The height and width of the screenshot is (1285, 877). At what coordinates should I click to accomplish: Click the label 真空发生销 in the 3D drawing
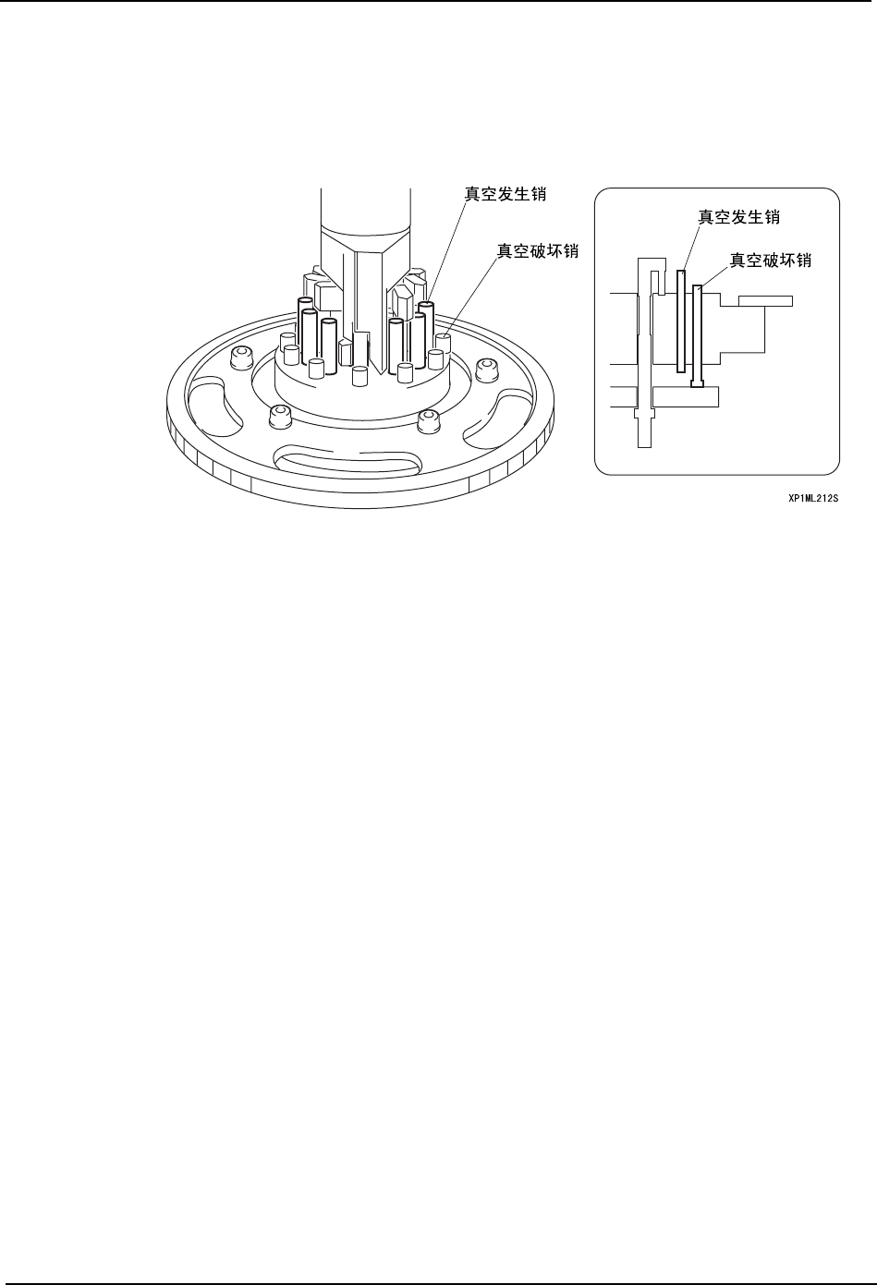[505, 195]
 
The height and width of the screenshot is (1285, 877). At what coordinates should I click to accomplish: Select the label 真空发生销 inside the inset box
[738, 216]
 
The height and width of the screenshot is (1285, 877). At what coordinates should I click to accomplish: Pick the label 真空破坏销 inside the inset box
[771, 261]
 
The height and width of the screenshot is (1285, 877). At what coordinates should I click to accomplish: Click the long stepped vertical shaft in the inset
[644, 360]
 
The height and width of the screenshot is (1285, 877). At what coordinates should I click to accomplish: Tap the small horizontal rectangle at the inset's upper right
[765, 300]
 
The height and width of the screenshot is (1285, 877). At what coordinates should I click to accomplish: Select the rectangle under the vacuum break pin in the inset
[685, 396]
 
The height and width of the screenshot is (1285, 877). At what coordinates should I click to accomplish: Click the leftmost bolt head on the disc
[241, 357]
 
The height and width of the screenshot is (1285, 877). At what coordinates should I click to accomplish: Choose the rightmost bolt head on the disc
[484, 369]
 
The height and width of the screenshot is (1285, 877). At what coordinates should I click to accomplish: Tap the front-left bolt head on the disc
[277, 418]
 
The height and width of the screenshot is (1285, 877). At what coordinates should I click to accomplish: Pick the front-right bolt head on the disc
[426, 420]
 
